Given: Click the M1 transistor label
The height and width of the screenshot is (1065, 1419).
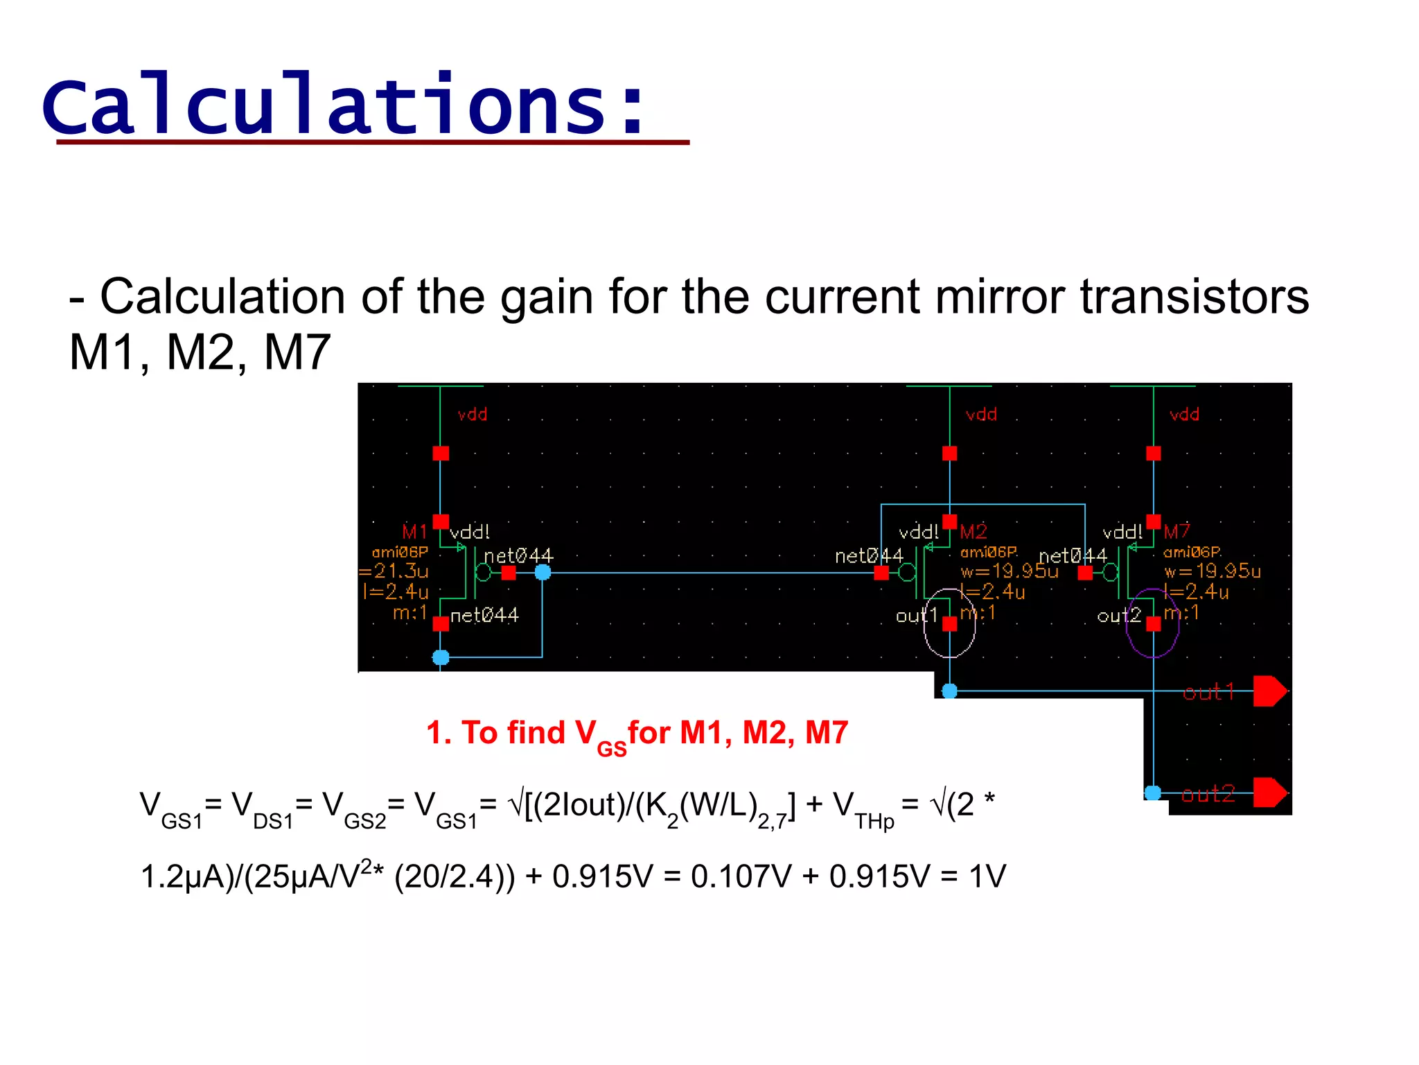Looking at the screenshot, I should coord(414,532).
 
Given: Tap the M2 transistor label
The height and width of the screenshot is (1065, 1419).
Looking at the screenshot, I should coord(973,532).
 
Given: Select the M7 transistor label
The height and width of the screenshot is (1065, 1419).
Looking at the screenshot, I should coord(1177,532).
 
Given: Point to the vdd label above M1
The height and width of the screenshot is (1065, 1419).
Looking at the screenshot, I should coord(473,415).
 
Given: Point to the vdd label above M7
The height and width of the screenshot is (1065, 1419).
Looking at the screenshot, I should coord(1184,415).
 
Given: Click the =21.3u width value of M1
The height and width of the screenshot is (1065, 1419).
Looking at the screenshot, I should coord(394,571).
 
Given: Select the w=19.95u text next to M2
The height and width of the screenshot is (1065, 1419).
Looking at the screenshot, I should coord(1010,571).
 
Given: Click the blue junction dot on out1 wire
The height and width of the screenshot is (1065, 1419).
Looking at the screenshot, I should coord(950,691).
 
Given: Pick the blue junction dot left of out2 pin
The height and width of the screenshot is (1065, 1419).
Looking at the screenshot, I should coord(1153,793).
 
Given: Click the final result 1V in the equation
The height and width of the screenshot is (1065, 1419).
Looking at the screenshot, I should coord(987,876).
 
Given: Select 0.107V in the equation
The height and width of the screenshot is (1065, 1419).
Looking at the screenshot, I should coord(741,876).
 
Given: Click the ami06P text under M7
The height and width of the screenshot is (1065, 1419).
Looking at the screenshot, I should coord(1192,552).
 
